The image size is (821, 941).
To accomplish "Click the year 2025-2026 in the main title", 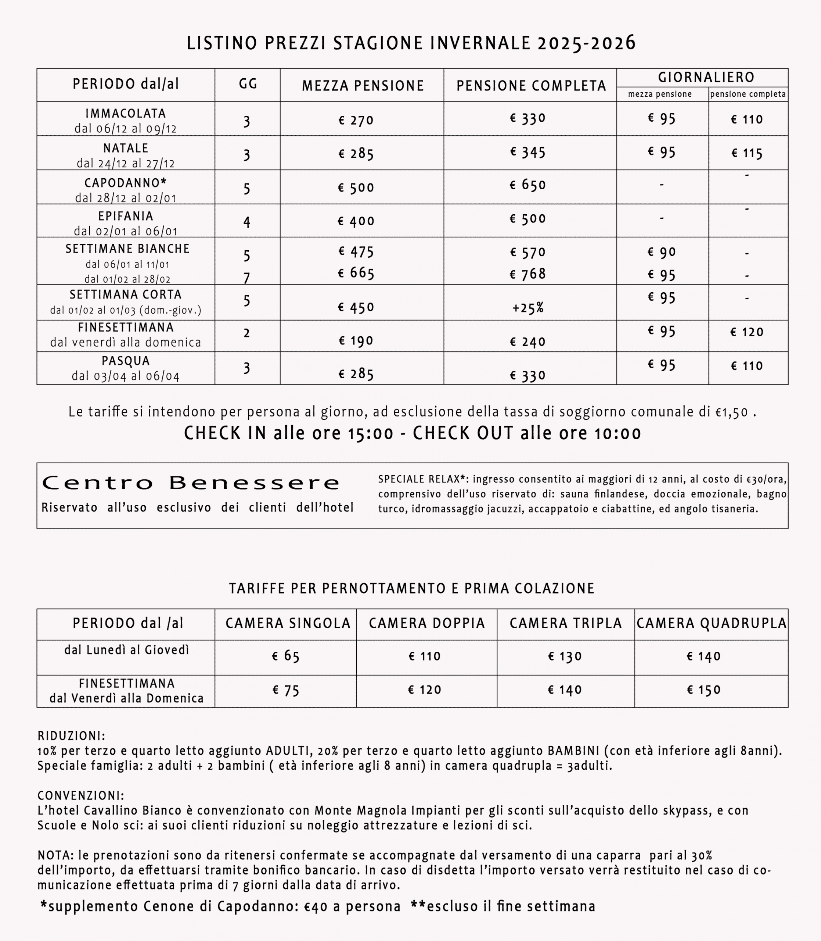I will (x=586, y=43).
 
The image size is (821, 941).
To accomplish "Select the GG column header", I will (x=248, y=84).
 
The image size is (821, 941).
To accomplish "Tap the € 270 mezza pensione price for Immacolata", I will (x=356, y=120).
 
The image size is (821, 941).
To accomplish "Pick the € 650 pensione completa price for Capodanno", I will (x=528, y=185).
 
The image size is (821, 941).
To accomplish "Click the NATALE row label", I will (x=126, y=149).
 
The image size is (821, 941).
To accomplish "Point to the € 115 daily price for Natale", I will (x=747, y=153).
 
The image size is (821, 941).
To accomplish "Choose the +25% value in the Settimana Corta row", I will (x=528, y=308).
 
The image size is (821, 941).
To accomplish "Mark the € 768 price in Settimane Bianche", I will (x=528, y=273).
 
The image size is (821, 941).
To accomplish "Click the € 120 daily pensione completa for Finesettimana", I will (x=747, y=332).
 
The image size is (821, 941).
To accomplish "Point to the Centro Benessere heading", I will (x=191, y=483).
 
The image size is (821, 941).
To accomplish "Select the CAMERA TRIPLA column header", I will (x=566, y=623).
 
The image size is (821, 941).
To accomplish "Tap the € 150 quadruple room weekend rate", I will (x=704, y=690).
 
